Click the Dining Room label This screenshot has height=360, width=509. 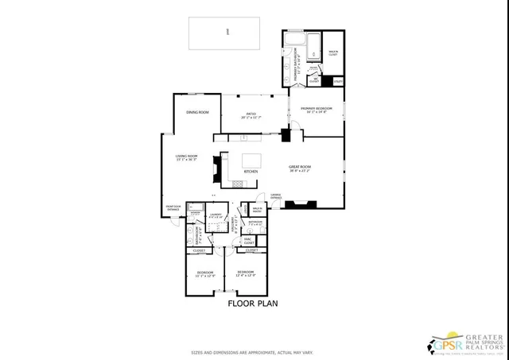tap(197, 113)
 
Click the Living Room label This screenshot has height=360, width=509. tap(186, 157)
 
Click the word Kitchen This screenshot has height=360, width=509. tap(251, 172)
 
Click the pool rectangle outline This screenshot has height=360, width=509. tap(227, 33)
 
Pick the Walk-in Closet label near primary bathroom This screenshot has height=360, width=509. tap(333, 55)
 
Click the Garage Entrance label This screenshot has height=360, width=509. tap(277, 195)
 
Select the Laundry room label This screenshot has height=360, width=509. tap(215, 215)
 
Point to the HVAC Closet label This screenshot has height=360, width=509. tap(248, 239)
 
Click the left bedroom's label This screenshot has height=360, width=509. tap(205, 275)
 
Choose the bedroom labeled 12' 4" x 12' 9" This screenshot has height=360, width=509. tap(245, 274)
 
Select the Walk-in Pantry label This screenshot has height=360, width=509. tap(257, 210)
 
